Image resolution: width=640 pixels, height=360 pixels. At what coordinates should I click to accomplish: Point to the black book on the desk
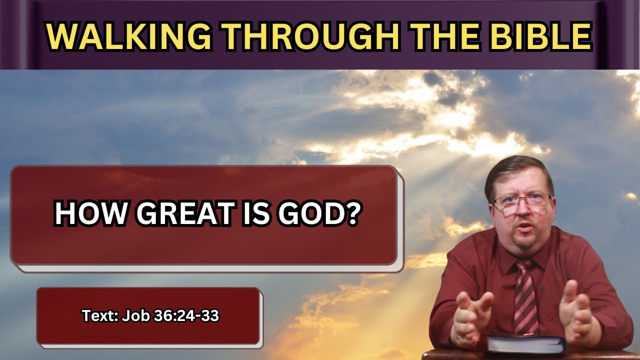[525, 343]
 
